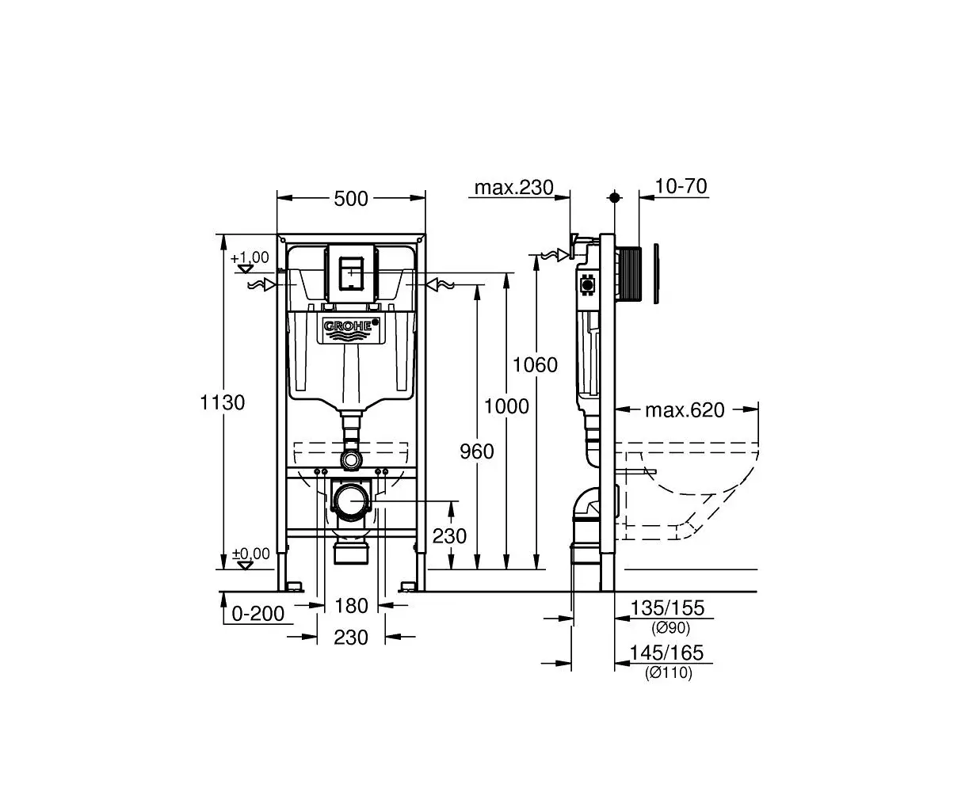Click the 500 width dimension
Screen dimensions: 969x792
(x=350, y=199)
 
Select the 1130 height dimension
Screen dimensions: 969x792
(x=223, y=402)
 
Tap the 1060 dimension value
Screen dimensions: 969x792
(x=535, y=365)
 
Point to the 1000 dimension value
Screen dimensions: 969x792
(x=506, y=406)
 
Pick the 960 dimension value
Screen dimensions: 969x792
(x=477, y=451)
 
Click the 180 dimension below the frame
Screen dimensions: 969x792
(x=352, y=606)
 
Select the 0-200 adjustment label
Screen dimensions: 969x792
(x=258, y=613)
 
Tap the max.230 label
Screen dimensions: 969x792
(x=513, y=188)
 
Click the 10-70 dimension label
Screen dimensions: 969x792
(x=681, y=186)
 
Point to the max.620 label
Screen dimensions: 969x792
(x=685, y=409)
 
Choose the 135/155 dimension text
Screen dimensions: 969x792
(x=667, y=607)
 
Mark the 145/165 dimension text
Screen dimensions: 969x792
(x=666, y=653)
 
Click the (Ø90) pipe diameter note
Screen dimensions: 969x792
(x=670, y=627)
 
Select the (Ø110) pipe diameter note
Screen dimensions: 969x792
(x=669, y=672)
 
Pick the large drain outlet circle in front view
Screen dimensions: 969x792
(x=352, y=501)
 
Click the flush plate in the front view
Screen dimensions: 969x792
(x=352, y=274)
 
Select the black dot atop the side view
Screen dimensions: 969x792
(x=614, y=197)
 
